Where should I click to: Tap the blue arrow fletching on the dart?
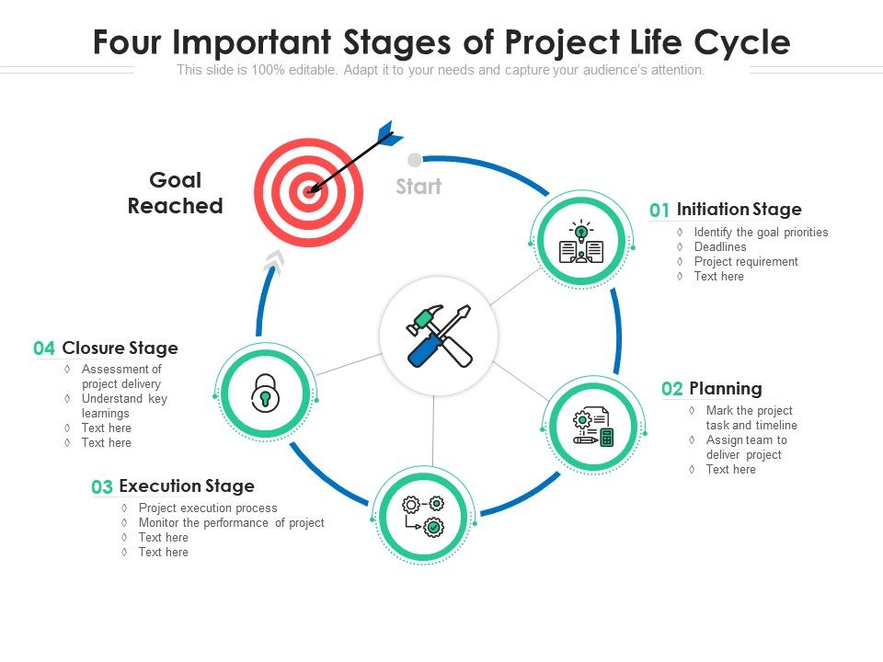pyautogui.click(x=389, y=134)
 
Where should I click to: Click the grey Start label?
pyautogui.click(x=419, y=187)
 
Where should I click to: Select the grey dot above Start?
pyautogui.click(x=415, y=160)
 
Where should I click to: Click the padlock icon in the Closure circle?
pyautogui.click(x=265, y=393)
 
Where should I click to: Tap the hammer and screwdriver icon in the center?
pyautogui.click(x=439, y=336)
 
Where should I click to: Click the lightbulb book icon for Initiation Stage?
pyautogui.click(x=581, y=242)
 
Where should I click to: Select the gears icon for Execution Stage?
pyautogui.click(x=423, y=516)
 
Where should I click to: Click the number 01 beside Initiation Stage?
pyautogui.click(x=659, y=211)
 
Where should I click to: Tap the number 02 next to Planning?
pyautogui.click(x=672, y=389)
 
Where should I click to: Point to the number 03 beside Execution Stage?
pyautogui.click(x=102, y=487)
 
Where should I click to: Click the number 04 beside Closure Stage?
pyautogui.click(x=44, y=348)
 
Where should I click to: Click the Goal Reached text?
pyautogui.click(x=175, y=193)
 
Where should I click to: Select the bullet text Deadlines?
pyautogui.click(x=720, y=246)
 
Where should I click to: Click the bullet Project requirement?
pyautogui.click(x=746, y=261)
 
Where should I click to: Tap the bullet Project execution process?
pyautogui.click(x=208, y=508)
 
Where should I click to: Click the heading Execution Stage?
pyautogui.click(x=187, y=485)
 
